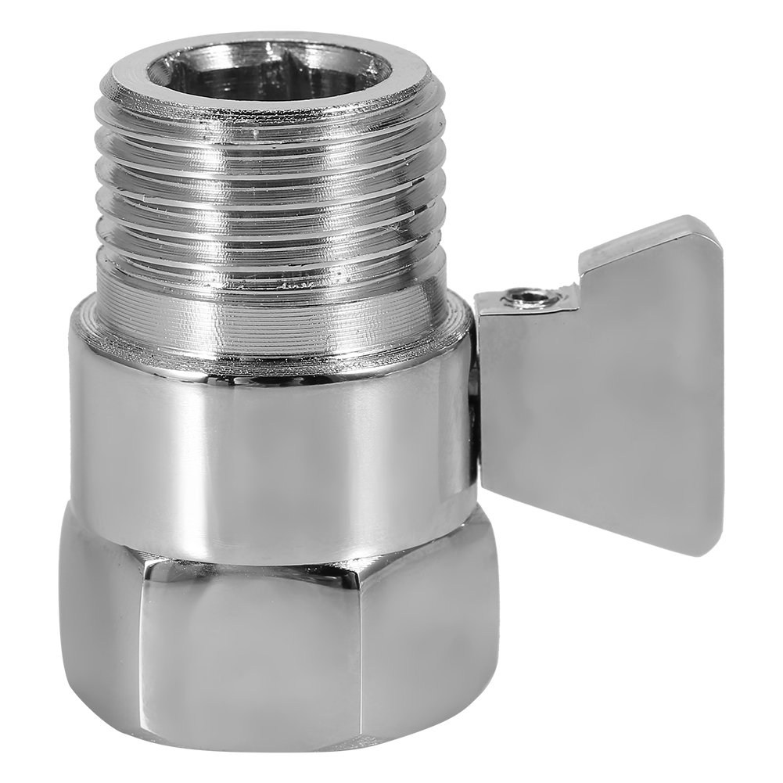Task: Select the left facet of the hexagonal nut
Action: pos(98,618)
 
